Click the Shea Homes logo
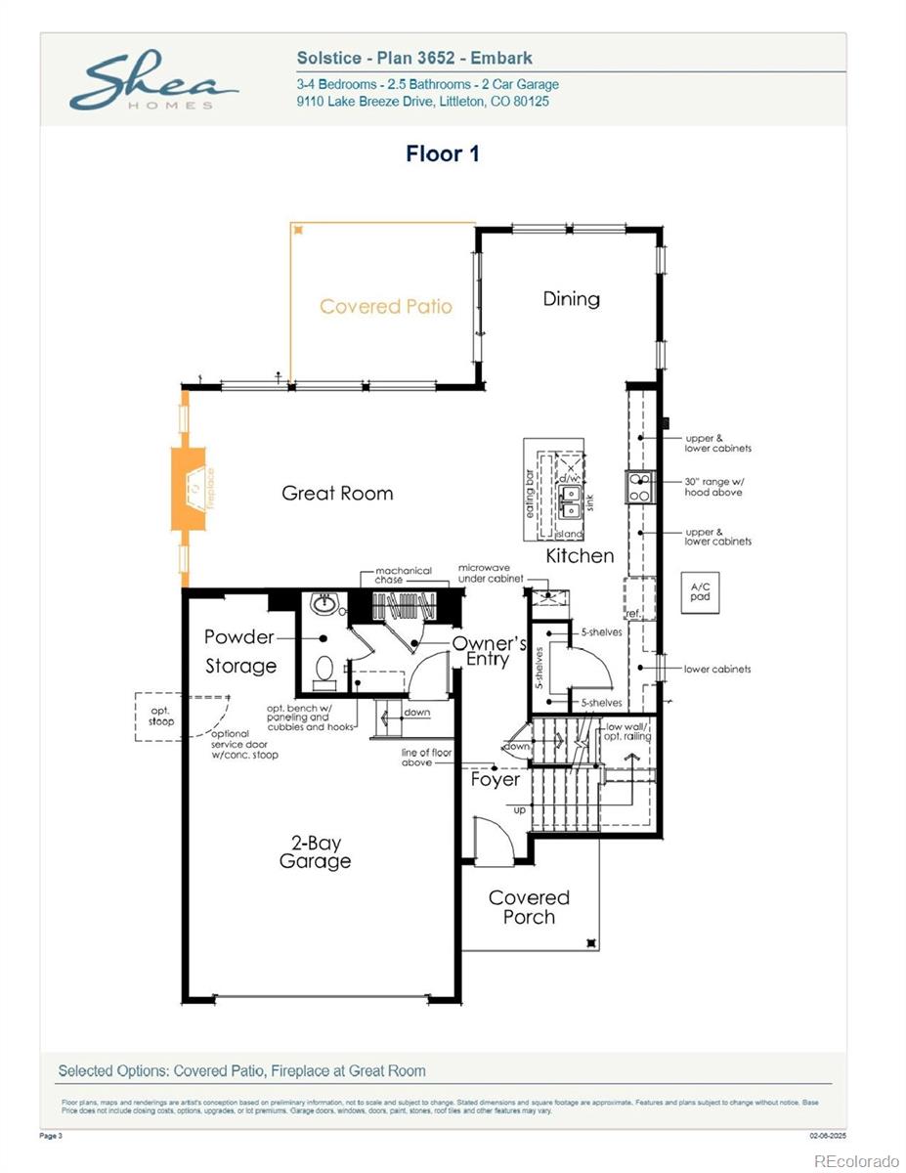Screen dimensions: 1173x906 click(x=153, y=83)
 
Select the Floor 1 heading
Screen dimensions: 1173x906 click(x=443, y=153)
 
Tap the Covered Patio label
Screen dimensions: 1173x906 click(x=386, y=307)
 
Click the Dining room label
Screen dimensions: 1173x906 click(x=572, y=299)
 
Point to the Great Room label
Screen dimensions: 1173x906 click(x=337, y=494)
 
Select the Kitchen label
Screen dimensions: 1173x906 click(x=580, y=556)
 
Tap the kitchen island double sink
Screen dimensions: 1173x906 click(x=570, y=501)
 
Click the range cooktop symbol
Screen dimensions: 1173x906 click(x=639, y=488)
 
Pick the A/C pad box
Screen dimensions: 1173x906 click(x=700, y=592)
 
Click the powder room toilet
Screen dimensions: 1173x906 click(x=324, y=670)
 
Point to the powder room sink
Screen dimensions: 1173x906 click(x=322, y=605)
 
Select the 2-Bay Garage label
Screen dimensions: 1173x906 click(x=315, y=852)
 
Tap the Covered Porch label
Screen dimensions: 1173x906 click(x=529, y=907)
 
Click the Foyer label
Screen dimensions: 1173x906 click(x=496, y=780)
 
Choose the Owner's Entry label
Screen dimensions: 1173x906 click(x=489, y=651)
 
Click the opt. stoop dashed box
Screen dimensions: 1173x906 click(x=161, y=717)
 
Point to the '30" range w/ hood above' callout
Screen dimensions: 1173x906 click(x=713, y=487)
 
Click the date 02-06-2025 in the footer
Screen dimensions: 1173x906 click(x=828, y=1136)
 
